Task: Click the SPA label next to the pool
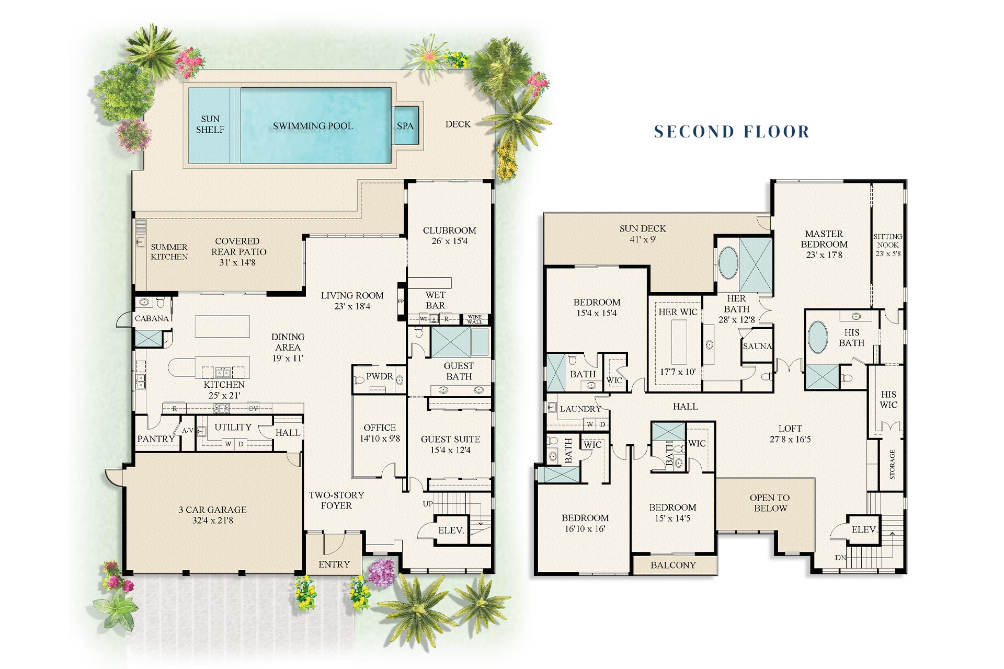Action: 405,126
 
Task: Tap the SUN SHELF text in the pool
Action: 210,124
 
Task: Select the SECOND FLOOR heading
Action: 732,132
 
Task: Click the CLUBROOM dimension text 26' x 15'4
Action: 449,241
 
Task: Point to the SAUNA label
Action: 757,346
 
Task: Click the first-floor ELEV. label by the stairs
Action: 451,530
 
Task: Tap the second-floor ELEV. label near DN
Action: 864,529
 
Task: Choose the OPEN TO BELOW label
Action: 770,503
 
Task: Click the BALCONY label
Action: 673,565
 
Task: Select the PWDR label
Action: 379,376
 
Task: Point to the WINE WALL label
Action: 475,319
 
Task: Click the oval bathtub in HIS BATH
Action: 818,337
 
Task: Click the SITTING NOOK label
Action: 888,241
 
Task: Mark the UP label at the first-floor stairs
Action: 428,504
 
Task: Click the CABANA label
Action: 152,318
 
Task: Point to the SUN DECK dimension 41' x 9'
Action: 643,240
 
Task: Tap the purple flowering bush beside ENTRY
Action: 382,572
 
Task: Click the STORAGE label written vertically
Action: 892,464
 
